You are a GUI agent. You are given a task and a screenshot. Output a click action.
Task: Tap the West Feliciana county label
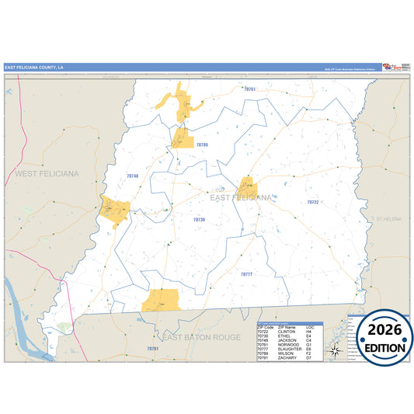[x=47, y=175]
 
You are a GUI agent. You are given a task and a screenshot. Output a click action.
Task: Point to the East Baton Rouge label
[x=201, y=336]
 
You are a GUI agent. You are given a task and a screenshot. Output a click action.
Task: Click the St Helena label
[x=388, y=219]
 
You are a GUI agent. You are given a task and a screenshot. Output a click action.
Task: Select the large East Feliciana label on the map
[x=241, y=198]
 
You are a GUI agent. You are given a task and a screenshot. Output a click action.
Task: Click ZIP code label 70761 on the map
[x=249, y=90]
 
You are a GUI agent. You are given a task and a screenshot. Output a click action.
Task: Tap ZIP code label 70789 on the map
[x=202, y=144]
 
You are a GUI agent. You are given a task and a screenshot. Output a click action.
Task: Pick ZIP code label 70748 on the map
[x=132, y=176]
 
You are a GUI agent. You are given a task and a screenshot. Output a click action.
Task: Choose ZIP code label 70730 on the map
[x=200, y=220]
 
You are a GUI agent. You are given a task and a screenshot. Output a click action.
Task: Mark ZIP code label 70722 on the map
[x=312, y=202]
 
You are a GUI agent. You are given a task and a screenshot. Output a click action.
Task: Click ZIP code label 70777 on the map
[x=246, y=274]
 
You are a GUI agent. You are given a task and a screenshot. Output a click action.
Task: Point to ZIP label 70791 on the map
[x=152, y=349]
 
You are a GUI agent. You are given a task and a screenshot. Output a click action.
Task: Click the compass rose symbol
[x=334, y=350]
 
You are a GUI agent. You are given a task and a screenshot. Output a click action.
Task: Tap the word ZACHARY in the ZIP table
[x=287, y=358]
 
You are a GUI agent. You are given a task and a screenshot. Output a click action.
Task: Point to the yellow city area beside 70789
[x=183, y=138]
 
